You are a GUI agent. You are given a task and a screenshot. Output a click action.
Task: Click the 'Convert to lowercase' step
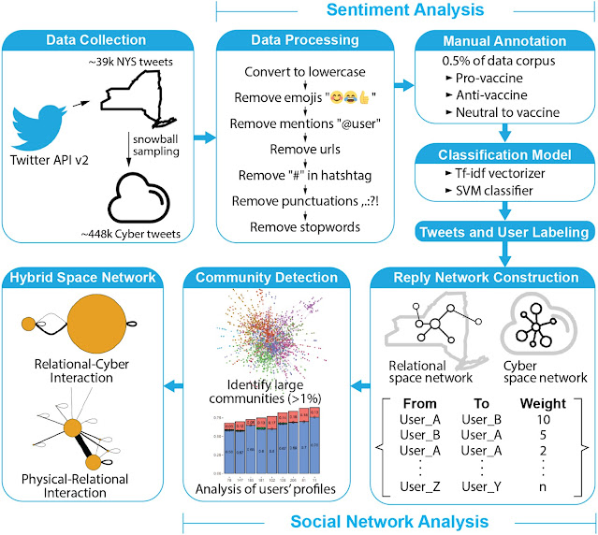(305, 72)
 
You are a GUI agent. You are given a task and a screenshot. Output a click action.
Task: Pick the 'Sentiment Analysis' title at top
(405, 11)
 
